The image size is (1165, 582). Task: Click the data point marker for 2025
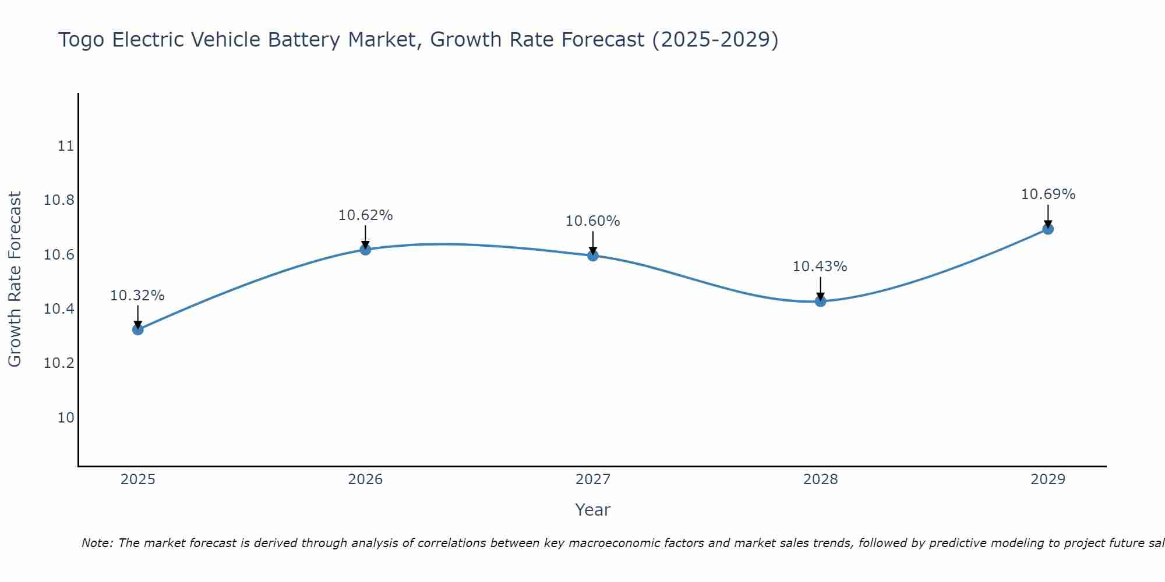(137, 329)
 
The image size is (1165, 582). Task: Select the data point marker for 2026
(365, 249)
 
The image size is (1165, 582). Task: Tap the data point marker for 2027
(593, 255)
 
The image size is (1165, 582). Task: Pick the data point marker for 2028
(820, 301)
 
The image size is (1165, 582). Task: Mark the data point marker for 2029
(1048, 229)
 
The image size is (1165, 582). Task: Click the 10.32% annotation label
(137, 296)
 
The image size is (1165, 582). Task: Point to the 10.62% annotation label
(365, 215)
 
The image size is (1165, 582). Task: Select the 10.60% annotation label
(593, 221)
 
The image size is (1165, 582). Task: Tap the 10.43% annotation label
(820, 267)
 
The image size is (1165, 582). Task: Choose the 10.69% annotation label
(1048, 194)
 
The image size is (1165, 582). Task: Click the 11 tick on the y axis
(66, 146)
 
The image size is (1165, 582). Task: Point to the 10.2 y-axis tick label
(59, 363)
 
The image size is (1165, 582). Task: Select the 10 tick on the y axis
(66, 418)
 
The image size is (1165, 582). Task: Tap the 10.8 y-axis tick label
(59, 201)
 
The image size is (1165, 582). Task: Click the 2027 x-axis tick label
(593, 480)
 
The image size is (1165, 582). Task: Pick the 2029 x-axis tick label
(1048, 480)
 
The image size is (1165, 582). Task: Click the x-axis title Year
(593, 510)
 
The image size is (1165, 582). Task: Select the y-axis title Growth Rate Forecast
(15, 279)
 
